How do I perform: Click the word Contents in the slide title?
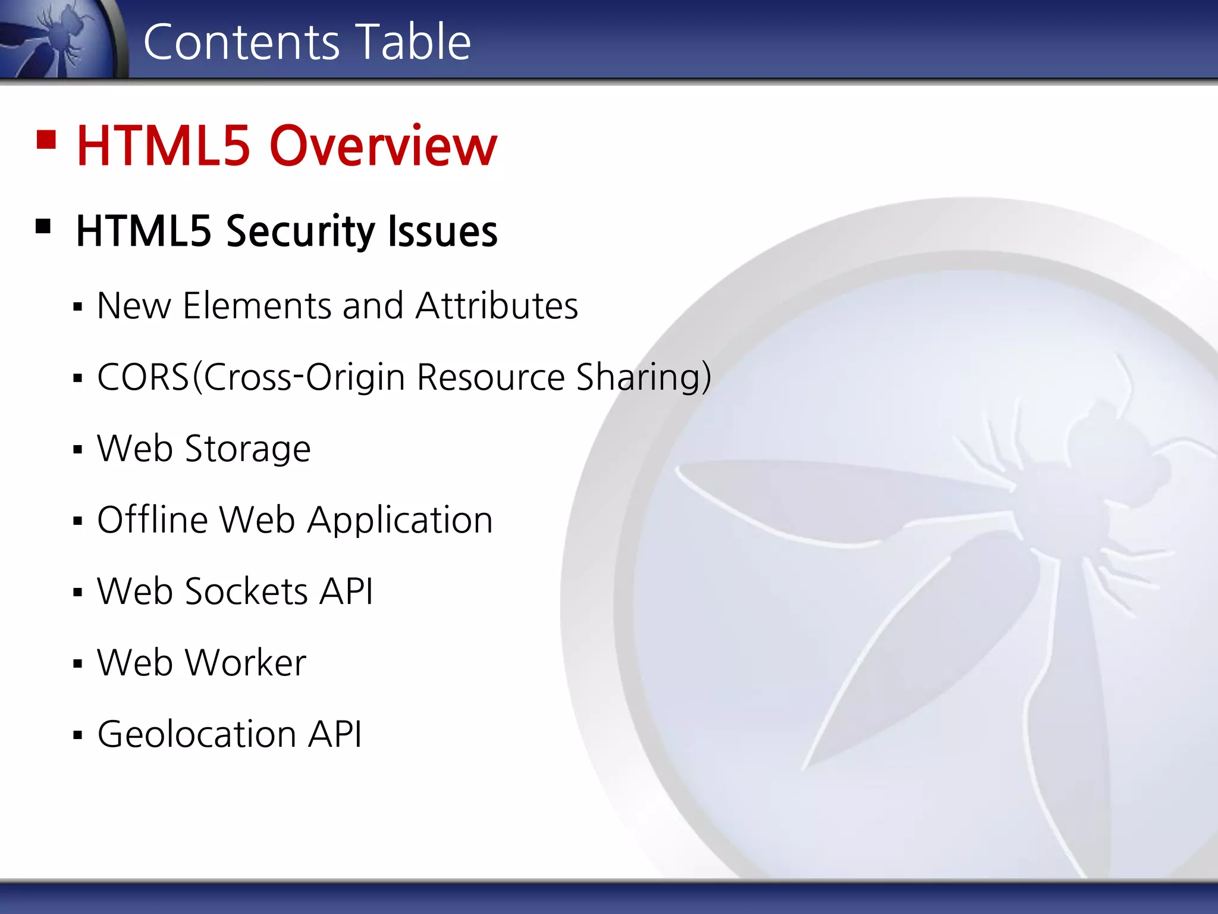(241, 42)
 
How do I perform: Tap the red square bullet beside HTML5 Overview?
(46, 140)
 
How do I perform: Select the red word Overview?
(383, 146)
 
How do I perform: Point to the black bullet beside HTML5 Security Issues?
(43, 227)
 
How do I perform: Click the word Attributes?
(497, 306)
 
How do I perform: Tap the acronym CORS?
(143, 377)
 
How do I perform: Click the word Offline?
(152, 520)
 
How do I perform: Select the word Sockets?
(247, 591)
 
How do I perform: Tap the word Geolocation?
(197, 734)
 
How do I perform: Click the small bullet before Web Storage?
(77, 450)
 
